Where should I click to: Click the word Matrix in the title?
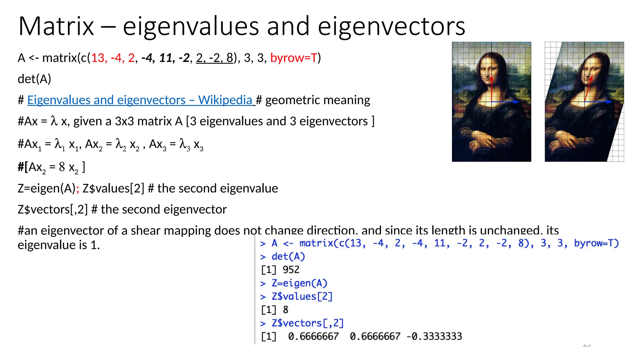coord(56,26)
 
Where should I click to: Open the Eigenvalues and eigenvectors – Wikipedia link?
coord(140,100)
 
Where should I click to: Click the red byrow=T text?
coord(294,58)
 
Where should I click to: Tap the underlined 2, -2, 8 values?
coord(215,58)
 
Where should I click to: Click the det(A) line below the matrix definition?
coord(34,79)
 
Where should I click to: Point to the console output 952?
coord(291,270)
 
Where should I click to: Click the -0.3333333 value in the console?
coord(434,336)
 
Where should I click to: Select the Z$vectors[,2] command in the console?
coord(307,323)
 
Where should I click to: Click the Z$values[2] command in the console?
coord(302,296)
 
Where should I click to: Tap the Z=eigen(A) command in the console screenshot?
coord(299,283)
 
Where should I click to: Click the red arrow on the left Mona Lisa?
coord(492,89)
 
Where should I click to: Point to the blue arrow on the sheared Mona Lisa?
coord(598,102)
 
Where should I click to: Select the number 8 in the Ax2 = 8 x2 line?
coord(62,167)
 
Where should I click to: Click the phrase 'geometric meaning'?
coord(317,100)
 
